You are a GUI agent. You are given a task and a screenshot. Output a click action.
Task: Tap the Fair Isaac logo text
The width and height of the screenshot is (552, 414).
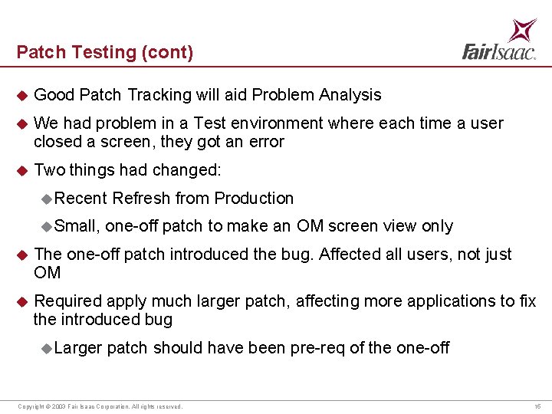coord(499,51)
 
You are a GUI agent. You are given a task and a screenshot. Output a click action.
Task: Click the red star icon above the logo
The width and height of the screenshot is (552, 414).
coord(523,30)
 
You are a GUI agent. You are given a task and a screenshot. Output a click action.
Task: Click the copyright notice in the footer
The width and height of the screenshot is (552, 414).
coord(100,406)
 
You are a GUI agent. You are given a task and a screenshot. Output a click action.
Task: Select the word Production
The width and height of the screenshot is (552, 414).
coord(254,199)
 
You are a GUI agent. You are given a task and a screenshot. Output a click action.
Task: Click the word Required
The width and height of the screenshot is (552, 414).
coord(68,301)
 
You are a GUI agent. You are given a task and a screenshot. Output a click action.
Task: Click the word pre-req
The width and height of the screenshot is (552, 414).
coord(317,349)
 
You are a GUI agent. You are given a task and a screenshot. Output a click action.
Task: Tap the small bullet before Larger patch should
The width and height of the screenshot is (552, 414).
coord(47,349)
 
